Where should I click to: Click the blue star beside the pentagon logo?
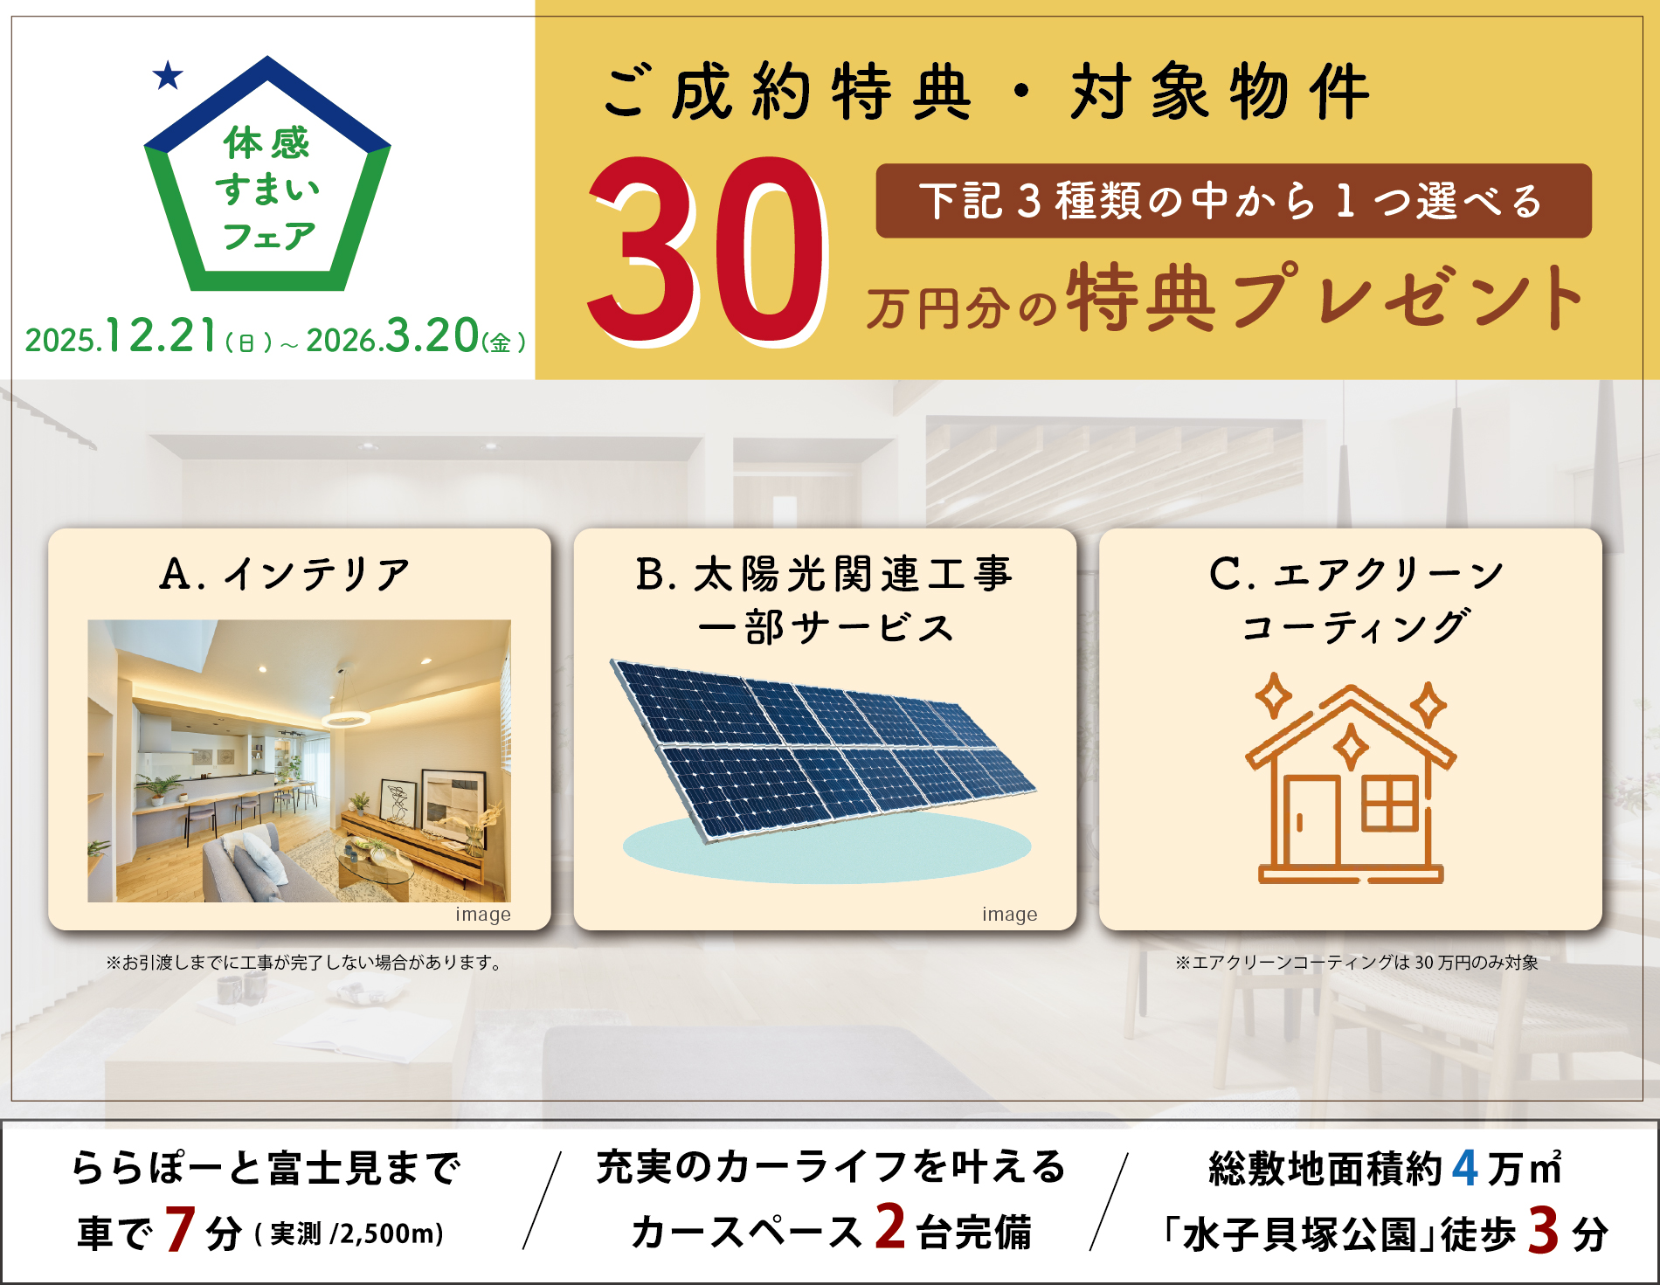pos(168,76)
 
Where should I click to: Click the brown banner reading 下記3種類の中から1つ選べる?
pos(1233,200)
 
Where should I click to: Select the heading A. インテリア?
pos(285,574)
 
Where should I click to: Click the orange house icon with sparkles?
pos(1351,777)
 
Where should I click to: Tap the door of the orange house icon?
pos(1311,820)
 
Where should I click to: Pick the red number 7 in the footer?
pos(179,1229)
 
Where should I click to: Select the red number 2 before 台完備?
pos(890,1226)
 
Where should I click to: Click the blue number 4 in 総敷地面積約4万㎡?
pos(1465,1167)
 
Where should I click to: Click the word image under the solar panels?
pos(1009,915)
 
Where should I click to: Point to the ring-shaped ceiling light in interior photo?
pos(345,719)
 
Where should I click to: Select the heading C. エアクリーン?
pos(1356,574)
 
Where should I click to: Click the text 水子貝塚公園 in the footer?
pos(1299,1233)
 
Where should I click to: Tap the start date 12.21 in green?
pos(161,335)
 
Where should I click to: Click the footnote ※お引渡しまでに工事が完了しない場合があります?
pos(304,963)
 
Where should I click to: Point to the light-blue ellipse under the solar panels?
pos(827,847)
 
